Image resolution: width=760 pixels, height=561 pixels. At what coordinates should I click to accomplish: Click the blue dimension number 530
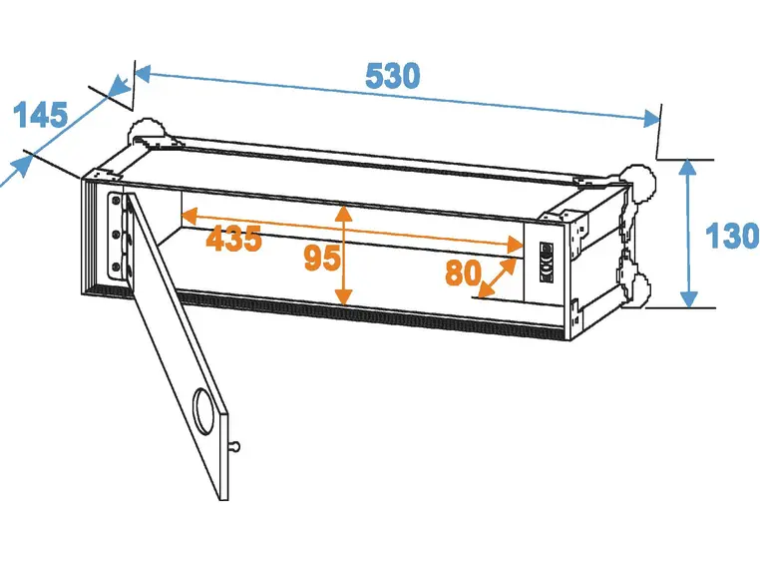point(392,76)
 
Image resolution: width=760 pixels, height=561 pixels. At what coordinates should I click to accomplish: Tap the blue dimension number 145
point(40,115)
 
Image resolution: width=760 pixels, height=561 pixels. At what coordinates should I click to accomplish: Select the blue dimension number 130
point(732,237)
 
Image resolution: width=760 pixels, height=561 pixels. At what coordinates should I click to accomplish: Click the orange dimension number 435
point(233,239)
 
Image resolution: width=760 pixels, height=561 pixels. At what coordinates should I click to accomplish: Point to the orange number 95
point(321,259)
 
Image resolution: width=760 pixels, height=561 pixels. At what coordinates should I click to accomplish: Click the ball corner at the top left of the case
point(143,133)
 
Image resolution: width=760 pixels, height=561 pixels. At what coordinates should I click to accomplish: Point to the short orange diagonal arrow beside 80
point(497,278)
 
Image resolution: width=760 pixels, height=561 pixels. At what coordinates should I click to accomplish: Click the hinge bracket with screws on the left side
point(118,237)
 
